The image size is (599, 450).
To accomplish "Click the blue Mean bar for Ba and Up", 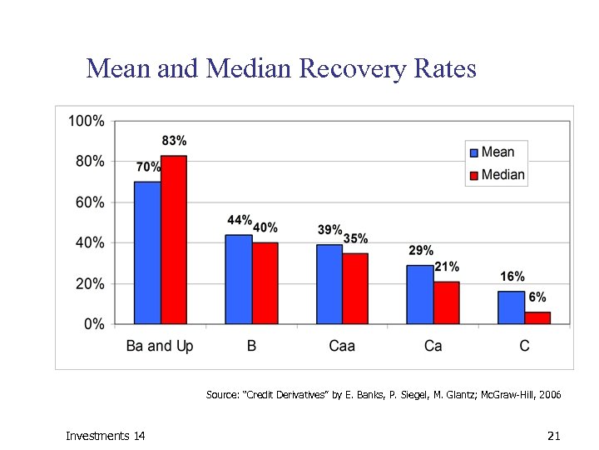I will click(x=147, y=252).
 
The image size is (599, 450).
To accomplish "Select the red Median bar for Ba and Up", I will click(x=173, y=240).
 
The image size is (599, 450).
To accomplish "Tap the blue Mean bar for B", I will click(x=238, y=279).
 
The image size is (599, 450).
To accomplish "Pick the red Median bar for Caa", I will click(x=354, y=288).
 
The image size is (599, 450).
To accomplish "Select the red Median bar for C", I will click(x=537, y=317).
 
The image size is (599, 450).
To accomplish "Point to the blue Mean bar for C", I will click(x=511, y=307).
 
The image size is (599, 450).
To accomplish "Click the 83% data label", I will click(x=173, y=141).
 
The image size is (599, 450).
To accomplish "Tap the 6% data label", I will click(x=537, y=297).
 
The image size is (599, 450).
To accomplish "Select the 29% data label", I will click(x=420, y=250).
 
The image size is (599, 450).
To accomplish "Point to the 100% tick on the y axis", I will click(x=86, y=121).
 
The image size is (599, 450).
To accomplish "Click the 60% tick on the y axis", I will click(x=89, y=202).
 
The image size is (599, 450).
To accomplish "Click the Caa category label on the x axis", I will click(x=341, y=345).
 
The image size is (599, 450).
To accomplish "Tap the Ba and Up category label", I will click(x=160, y=345).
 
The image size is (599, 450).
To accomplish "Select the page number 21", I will click(x=555, y=436).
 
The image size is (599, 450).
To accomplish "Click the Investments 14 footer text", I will click(x=105, y=436).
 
